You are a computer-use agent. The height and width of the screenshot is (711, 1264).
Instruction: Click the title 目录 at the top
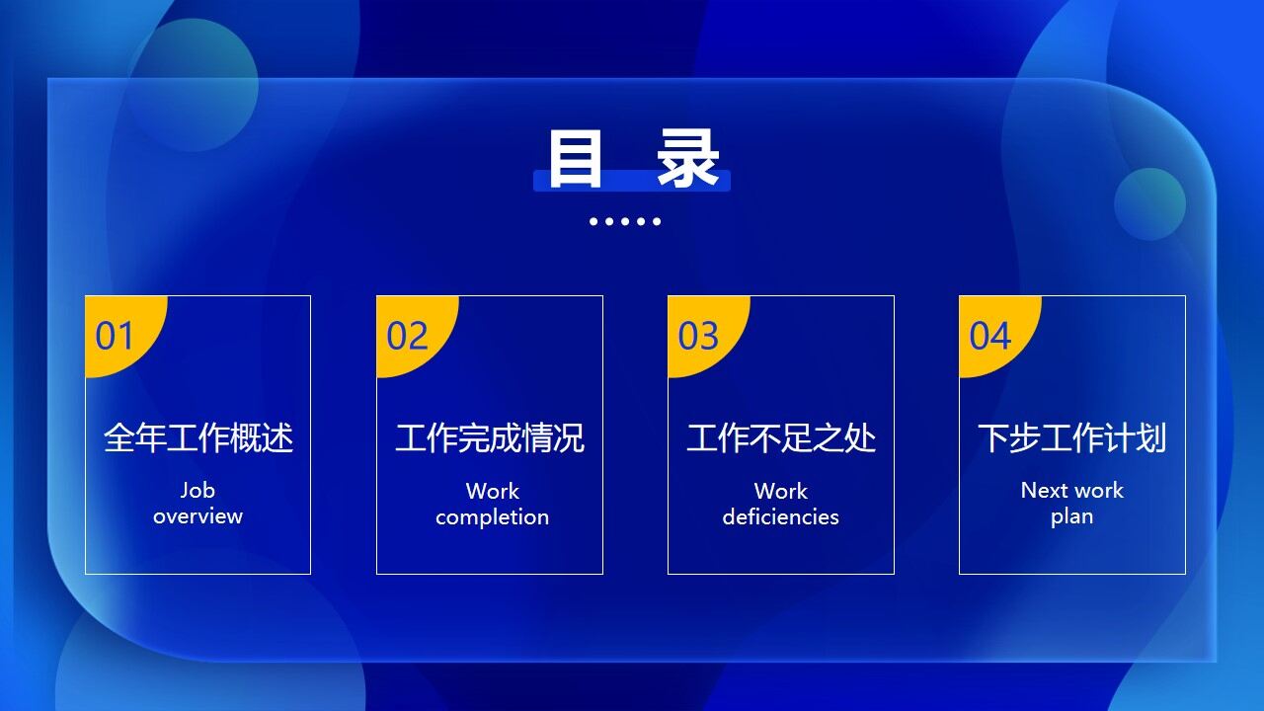tap(632, 158)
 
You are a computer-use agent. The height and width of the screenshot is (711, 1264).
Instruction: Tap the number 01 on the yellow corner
tap(115, 337)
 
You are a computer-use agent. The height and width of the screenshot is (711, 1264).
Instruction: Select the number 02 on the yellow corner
tap(407, 337)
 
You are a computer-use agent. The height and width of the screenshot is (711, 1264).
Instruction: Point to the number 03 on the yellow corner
tap(698, 337)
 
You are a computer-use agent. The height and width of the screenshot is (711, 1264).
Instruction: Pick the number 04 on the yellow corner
tap(989, 337)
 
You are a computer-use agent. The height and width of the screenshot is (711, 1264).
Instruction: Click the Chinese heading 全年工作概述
tap(198, 437)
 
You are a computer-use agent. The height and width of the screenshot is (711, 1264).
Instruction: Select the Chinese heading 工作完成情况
tap(490, 437)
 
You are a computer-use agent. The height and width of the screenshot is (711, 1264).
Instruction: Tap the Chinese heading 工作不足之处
tap(781, 437)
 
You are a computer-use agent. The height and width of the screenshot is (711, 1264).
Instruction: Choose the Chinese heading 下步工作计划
tap(1072, 437)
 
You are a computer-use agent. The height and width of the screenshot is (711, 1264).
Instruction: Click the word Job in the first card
tap(197, 490)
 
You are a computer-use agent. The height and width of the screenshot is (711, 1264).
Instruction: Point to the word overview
tap(197, 516)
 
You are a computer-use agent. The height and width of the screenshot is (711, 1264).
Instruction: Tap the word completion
tap(492, 517)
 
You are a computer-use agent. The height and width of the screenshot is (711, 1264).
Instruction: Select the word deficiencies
tap(780, 517)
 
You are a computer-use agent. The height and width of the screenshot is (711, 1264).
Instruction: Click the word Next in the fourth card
tap(1044, 491)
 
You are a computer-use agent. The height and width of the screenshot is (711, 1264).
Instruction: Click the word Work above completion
tap(492, 491)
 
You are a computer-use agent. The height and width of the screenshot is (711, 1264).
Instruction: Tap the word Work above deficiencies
tap(780, 491)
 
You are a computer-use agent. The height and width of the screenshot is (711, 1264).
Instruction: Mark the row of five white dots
tap(625, 221)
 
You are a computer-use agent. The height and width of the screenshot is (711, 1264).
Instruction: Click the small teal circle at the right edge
tap(1149, 204)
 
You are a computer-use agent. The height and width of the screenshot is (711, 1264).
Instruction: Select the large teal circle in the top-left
tap(193, 86)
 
